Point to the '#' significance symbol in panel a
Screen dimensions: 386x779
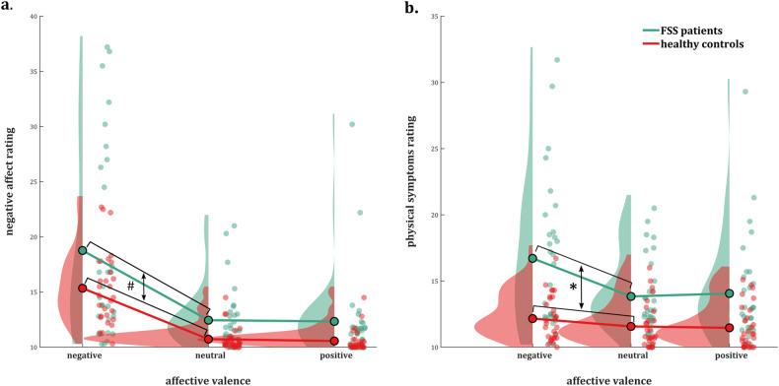pos(128,287)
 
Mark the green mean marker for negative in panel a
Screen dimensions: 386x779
pos(83,250)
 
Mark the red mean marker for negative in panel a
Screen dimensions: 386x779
pos(83,289)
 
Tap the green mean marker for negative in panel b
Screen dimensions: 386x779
pos(532,258)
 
